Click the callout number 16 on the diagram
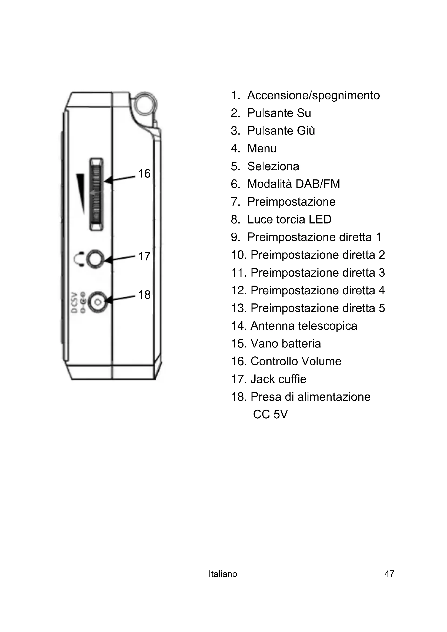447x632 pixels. pyautogui.click(x=144, y=174)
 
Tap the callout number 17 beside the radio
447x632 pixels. pyautogui.click(x=144, y=256)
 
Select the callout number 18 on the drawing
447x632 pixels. pyautogui.click(x=144, y=295)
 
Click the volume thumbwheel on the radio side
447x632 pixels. pyautogui.click(x=96, y=194)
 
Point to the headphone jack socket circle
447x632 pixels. pyautogui.click(x=95, y=259)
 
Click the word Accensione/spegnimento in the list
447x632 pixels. pyautogui.click(x=313, y=95)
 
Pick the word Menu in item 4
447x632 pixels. pyautogui.click(x=262, y=149)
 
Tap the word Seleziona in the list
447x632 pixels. pyautogui.click(x=273, y=166)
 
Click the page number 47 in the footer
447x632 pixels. pyautogui.click(x=389, y=574)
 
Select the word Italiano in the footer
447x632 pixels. pyautogui.click(x=223, y=574)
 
